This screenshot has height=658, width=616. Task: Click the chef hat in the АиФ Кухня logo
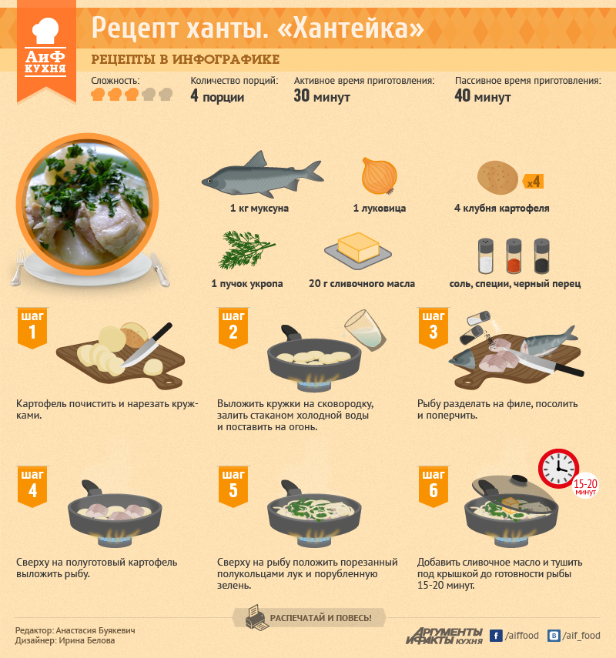[45, 30]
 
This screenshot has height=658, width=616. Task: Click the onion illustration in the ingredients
[380, 175]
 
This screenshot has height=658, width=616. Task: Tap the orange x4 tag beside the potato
[534, 182]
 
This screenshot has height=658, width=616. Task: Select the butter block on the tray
[359, 247]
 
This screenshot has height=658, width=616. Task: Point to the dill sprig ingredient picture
[246, 249]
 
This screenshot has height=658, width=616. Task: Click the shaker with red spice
[514, 256]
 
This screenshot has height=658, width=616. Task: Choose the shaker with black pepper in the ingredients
[541, 256]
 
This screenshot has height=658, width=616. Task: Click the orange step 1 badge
[32, 328]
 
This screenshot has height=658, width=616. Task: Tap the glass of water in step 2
[364, 330]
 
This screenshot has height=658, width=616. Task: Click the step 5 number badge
[233, 486]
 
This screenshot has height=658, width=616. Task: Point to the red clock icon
[558, 469]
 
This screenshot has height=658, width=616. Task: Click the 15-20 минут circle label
[585, 487]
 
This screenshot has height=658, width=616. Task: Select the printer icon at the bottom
[256, 617]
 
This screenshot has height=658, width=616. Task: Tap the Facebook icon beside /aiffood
[496, 636]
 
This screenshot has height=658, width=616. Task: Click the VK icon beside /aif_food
[554, 636]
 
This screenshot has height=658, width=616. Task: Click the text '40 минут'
[483, 96]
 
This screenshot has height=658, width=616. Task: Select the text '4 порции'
[217, 96]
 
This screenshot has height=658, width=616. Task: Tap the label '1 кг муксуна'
[259, 208]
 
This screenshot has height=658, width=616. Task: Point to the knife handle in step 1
[161, 332]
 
